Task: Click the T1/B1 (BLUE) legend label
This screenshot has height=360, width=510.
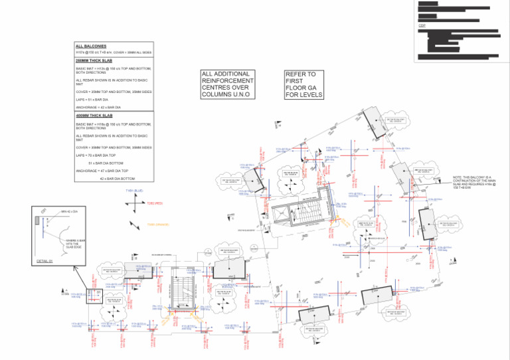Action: [x=135, y=191]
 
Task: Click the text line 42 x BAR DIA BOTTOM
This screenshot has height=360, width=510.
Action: [x=117, y=179]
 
